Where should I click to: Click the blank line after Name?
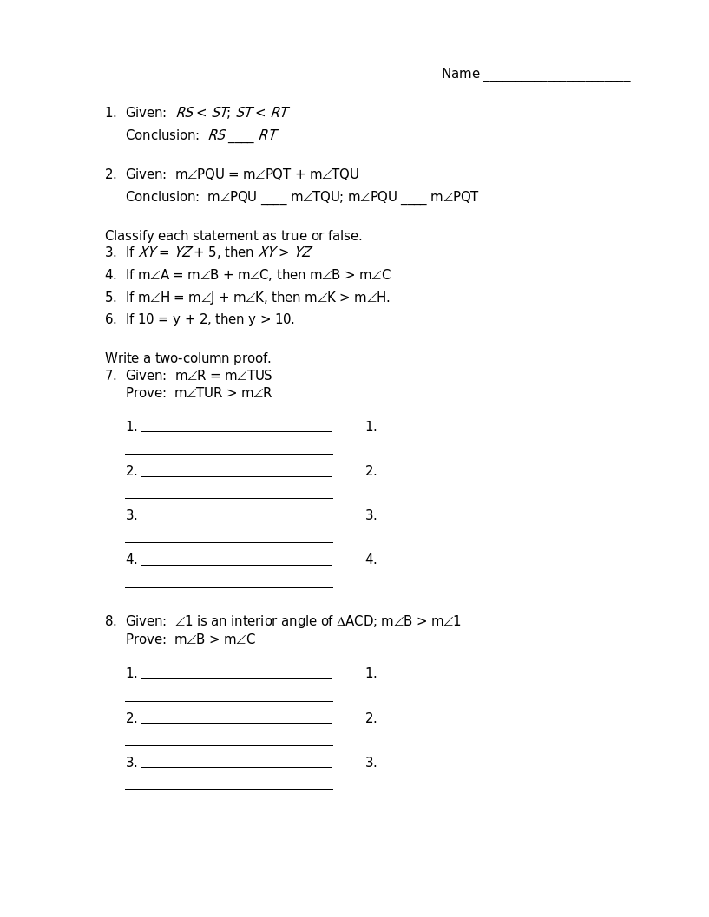pyautogui.click(x=556, y=76)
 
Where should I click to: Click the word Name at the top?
pyautogui.click(x=460, y=74)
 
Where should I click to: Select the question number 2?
pyautogui.click(x=110, y=174)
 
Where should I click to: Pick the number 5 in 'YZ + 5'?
pyautogui.click(x=212, y=252)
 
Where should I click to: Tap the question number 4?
pyautogui.click(x=110, y=275)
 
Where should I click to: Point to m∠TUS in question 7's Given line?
pyautogui.click(x=248, y=376)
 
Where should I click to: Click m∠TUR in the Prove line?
pyautogui.click(x=199, y=393)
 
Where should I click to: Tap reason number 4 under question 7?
pyautogui.click(x=371, y=560)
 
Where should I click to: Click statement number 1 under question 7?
pyautogui.click(x=131, y=427)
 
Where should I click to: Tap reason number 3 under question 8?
pyautogui.click(x=371, y=763)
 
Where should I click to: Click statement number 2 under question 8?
pyautogui.click(x=131, y=718)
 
